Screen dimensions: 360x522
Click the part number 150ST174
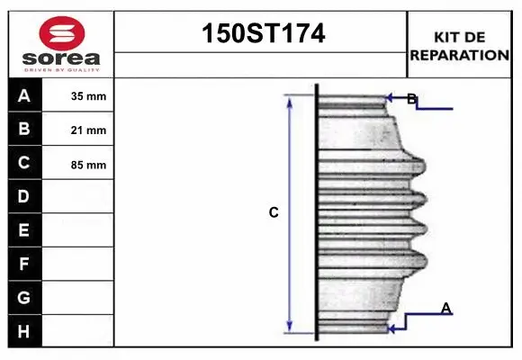[x=261, y=34]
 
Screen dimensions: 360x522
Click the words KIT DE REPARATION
[x=460, y=45]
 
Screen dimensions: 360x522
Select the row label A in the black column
[x=24, y=95]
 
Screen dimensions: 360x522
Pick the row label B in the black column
[x=24, y=130]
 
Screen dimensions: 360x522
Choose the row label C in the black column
[x=24, y=163]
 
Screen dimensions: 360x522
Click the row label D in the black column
[x=24, y=196]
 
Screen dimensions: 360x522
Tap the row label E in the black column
[x=24, y=230]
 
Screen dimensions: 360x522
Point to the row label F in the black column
[x=24, y=265]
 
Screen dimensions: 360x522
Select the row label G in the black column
[x=24, y=298]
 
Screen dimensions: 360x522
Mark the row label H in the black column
[x=24, y=332]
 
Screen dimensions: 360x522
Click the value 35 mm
[x=88, y=96]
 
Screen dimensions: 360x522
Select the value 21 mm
[x=88, y=130]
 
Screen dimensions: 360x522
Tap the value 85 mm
[x=88, y=165]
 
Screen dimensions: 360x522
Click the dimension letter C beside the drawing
[x=274, y=213]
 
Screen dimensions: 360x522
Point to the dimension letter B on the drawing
[x=411, y=99]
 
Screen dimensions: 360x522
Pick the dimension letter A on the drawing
[x=445, y=309]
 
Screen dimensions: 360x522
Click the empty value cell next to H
[x=78, y=332]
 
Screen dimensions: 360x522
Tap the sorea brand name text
[x=60, y=58]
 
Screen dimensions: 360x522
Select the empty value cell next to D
[x=78, y=196]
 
